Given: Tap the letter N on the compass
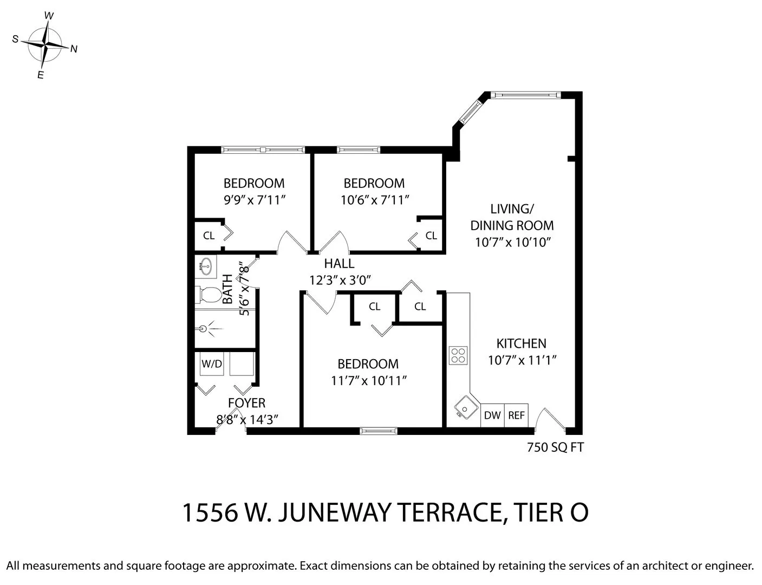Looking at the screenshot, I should point(74,49).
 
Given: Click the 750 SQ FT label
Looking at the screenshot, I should point(555,447).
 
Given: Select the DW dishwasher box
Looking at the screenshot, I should point(492,415).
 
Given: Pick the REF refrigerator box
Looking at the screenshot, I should point(516,415).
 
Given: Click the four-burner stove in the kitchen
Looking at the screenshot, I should point(458,355).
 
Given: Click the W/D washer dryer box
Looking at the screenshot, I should point(212,364).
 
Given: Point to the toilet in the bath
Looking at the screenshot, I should point(207,295).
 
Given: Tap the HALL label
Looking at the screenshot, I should point(339,264).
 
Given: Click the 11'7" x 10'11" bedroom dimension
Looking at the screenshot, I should point(368,381).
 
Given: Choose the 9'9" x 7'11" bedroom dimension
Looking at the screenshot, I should point(254,200).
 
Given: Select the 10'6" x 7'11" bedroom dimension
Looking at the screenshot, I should point(374,200).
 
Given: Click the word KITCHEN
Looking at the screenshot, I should point(521,343).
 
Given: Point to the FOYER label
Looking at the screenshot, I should point(246,403).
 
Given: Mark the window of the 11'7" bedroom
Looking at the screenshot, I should point(379,431).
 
